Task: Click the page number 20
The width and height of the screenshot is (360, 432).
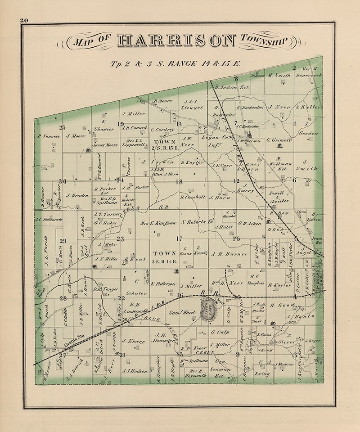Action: coord(24,20)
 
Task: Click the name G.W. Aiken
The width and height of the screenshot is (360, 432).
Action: coord(250,224)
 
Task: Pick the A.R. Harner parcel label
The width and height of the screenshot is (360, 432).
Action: coord(229,254)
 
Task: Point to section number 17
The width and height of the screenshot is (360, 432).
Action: coord(179,239)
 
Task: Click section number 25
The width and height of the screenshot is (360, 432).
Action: coord(62,127)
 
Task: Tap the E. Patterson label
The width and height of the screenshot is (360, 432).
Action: coord(162,283)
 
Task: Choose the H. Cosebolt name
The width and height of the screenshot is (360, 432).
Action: coord(193,197)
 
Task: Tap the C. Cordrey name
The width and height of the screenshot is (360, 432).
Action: coord(162,130)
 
